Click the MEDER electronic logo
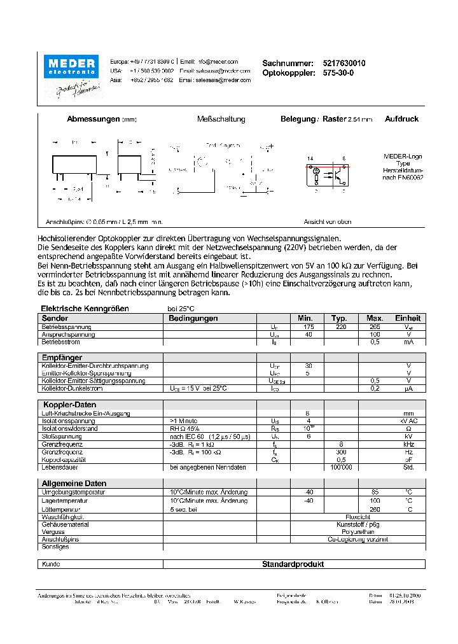pyautogui.click(x=71, y=66)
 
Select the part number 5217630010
pyautogui.click(x=344, y=64)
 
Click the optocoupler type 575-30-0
pyautogui.click(x=338, y=73)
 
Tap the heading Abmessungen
pyautogui.click(x=94, y=120)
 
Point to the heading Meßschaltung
pyautogui.click(x=221, y=120)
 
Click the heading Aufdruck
pyautogui.click(x=401, y=120)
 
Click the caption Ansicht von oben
pyautogui.click(x=328, y=221)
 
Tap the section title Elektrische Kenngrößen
pyautogui.click(x=85, y=309)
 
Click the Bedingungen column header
pyautogui.click(x=194, y=318)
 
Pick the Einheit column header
pyautogui.click(x=407, y=318)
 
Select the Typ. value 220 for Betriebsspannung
pyautogui.click(x=341, y=326)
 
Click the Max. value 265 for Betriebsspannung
pyautogui.click(x=375, y=326)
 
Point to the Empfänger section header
pyautogui.click(x=62, y=358)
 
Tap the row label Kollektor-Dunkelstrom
pyautogui.click(x=72, y=388)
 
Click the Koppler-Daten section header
pyautogui.click(x=69, y=405)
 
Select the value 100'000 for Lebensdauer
pyautogui.click(x=341, y=467)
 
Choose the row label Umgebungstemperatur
pyautogui.click(x=73, y=493)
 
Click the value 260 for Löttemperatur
pyautogui.click(x=375, y=509)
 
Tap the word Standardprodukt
pyautogui.click(x=293, y=564)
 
